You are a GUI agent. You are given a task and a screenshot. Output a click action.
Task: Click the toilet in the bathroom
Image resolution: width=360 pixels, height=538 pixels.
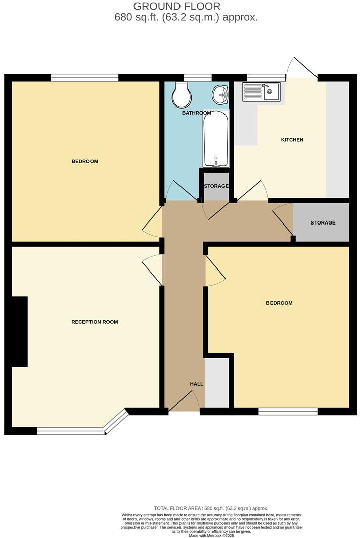click(x=181, y=96)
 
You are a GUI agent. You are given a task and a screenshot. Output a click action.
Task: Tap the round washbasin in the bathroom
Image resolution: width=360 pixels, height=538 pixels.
click(x=220, y=94)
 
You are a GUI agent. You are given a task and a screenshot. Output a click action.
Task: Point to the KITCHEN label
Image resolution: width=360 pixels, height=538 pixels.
click(x=292, y=140)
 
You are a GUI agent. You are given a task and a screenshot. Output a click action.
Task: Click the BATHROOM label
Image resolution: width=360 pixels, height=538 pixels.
click(x=196, y=113)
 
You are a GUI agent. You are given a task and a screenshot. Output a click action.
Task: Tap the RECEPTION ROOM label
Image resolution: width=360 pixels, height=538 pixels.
click(x=95, y=322)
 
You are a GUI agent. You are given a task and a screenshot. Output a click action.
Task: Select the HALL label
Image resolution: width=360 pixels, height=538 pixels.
click(x=196, y=384)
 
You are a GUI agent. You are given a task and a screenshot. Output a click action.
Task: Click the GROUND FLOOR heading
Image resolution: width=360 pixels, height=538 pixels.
click(x=176, y=7)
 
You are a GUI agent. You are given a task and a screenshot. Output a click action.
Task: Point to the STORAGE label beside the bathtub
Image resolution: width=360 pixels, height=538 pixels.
click(x=216, y=186)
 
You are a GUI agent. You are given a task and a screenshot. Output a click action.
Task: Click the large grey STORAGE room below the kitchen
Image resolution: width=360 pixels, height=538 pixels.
click(x=322, y=223)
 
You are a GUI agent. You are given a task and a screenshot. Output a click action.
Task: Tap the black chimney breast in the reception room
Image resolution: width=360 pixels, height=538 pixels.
click(x=19, y=331)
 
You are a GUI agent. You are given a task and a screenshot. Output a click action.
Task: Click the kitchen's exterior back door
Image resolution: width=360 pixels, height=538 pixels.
click(x=302, y=68)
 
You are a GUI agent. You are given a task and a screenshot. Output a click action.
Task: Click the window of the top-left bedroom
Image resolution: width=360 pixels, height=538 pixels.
click(x=84, y=77)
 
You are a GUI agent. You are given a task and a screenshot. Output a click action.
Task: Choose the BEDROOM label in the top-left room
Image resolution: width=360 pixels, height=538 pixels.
click(x=84, y=162)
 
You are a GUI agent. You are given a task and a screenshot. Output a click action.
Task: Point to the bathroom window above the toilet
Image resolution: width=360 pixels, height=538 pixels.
click(x=197, y=77)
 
